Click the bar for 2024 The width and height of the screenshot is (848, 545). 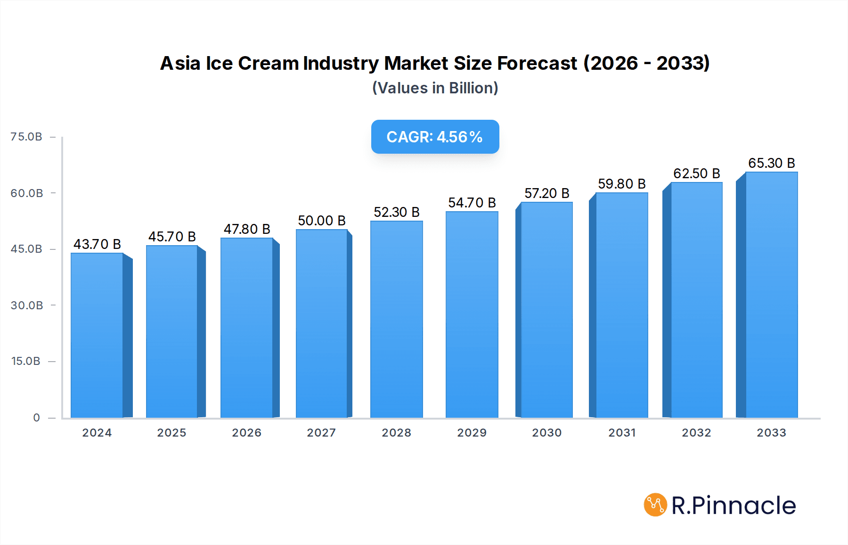point(97,335)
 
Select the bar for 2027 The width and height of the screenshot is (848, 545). point(322,323)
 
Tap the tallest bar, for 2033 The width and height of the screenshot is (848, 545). point(771,295)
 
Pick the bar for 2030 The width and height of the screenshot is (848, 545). point(546,310)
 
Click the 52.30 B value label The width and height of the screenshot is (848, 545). point(397,212)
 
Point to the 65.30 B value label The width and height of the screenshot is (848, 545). point(772,163)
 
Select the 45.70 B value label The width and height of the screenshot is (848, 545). point(172,237)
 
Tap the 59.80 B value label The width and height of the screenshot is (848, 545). point(622,184)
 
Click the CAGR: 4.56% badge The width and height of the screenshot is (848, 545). point(435,137)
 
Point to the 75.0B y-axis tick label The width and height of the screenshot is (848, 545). point(26,137)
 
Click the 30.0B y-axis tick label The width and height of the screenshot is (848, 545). point(27,306)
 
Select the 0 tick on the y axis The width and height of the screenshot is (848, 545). point(36,418)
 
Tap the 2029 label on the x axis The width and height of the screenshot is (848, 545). point(472,433)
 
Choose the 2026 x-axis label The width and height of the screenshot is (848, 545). point(246,433)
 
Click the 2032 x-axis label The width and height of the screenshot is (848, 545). point(696,433)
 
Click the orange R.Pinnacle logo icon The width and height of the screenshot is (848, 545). point(655,505)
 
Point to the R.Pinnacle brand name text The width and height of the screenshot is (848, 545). point(734,505)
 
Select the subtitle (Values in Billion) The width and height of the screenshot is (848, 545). point(435,88)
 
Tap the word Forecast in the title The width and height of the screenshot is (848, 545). point(537,63)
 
